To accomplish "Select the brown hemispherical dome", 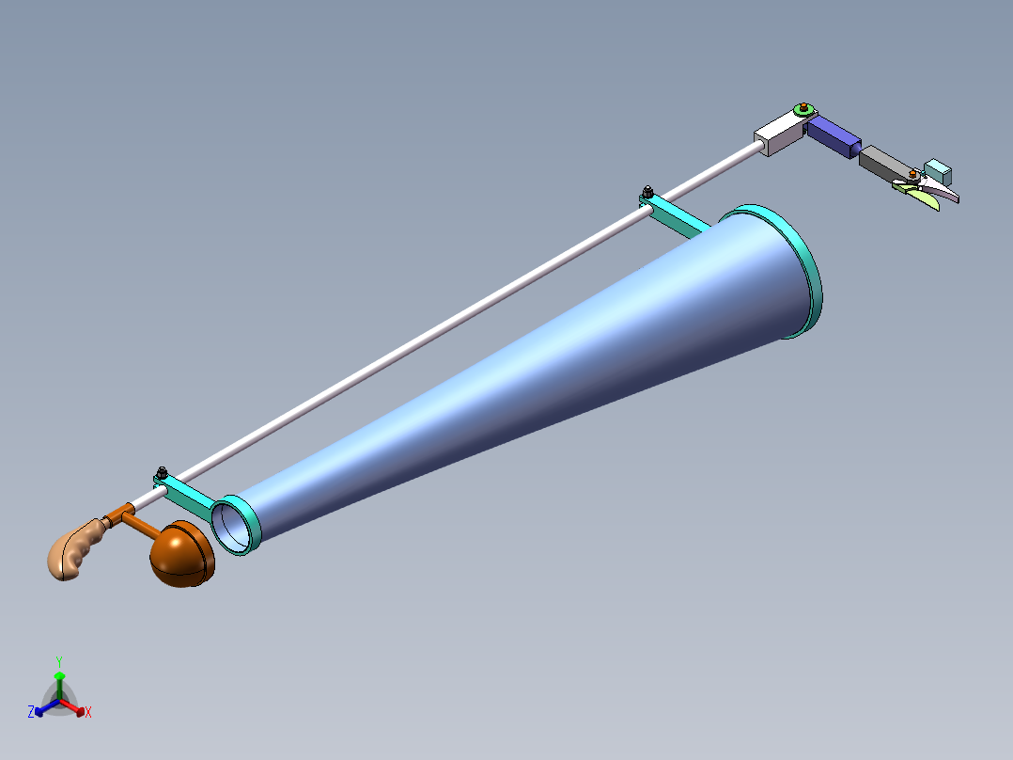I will point(181,557).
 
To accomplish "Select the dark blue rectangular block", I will point(833,135).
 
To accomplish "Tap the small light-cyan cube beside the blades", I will point(938,172).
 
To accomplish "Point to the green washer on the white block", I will point(802,111).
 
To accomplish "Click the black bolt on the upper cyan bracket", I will point(647,193).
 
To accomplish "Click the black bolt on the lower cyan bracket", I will point(162,471).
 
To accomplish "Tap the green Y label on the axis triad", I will point(58,661).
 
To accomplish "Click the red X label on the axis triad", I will point(88,712).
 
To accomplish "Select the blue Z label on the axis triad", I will point(31,712).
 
